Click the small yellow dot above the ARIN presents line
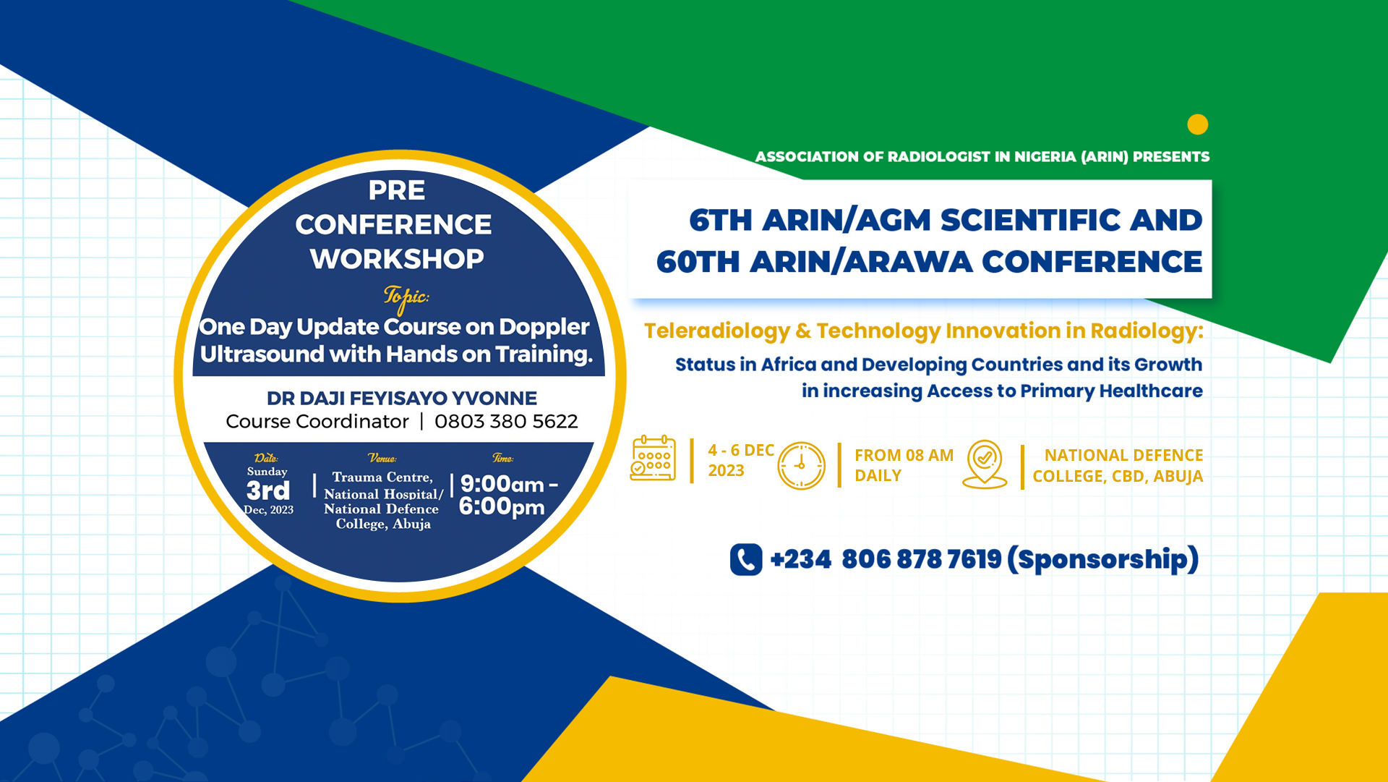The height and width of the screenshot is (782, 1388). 1197,124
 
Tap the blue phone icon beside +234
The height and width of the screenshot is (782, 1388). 746,559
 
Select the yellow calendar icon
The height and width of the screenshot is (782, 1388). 653,458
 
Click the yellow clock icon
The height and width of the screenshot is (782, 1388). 801,465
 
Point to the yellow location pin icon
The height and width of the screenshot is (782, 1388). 985,464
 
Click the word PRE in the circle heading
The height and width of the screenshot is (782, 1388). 397,190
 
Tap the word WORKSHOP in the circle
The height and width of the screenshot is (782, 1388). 397,258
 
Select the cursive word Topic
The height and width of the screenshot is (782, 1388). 406,297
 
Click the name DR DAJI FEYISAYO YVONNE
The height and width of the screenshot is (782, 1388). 402,398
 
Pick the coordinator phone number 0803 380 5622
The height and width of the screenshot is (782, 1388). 506,421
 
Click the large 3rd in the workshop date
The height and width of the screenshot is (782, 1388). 268,490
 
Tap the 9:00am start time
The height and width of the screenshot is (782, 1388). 502,483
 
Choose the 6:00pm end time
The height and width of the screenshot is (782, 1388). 502,506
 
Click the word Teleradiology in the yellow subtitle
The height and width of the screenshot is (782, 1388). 717,331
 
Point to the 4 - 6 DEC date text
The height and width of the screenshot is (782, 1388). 741,450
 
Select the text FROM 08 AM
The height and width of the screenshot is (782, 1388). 904,455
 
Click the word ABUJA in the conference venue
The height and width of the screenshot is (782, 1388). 1178,476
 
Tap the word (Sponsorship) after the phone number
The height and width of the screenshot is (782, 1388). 1102,559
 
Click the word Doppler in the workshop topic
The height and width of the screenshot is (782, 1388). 544,327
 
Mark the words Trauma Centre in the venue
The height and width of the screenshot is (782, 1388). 382,477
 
